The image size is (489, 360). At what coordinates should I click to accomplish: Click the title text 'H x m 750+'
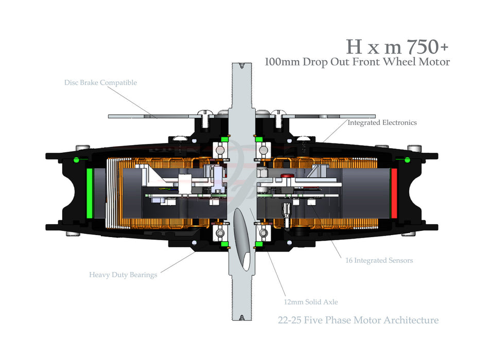[397, 46]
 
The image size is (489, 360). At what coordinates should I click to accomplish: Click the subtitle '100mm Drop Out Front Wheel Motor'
[357, 62]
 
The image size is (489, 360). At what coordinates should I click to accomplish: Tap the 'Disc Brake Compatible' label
[100, 82]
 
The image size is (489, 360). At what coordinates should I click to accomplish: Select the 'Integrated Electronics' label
[382, 123]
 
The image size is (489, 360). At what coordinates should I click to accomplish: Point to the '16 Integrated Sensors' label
[379, 260]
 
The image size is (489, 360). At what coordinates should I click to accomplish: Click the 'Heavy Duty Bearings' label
[123, 275]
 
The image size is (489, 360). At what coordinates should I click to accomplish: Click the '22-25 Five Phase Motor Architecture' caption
[358, 320]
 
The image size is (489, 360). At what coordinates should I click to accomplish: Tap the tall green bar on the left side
[90, 192]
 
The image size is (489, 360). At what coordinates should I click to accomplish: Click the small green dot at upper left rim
[76, 158]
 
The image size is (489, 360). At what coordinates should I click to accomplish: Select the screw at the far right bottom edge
[408, 234]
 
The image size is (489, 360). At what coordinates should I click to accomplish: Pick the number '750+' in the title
[427, 46]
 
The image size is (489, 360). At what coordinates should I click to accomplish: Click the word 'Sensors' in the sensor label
[398, 260]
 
